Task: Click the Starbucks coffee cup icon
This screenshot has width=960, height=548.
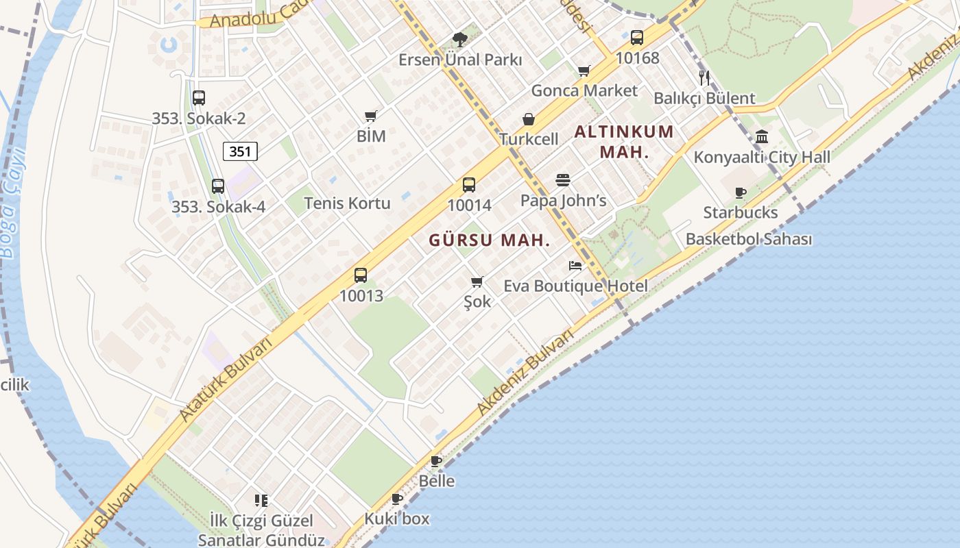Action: tap(740, 193)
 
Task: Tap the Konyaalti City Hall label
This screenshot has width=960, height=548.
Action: tap(762, 158)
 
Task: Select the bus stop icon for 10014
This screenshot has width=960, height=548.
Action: tap(469, 185)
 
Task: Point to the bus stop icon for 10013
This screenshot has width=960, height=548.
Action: tap(361, 275)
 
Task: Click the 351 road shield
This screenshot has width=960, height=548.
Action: tap(240, 151)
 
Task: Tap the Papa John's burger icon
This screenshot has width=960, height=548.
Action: tap(563, 180)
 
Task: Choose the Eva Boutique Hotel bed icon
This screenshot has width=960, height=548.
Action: tap(575, 266)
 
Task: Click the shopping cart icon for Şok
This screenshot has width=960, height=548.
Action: tap(477, 282)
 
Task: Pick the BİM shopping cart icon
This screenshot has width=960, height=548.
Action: tap(371, 116)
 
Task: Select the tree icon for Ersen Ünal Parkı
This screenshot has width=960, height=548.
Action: tap(460, 39)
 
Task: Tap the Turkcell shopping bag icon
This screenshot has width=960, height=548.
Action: tap(529, 120)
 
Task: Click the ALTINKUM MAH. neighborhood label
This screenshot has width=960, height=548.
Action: tap(624, 141)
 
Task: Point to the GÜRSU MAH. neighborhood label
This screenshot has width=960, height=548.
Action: tap(490, 240)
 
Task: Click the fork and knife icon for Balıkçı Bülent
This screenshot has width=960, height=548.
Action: tap(704, 77)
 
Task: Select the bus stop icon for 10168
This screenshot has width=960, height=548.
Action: tap(637, 38)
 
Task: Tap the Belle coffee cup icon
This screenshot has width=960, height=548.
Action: tap(436, 461)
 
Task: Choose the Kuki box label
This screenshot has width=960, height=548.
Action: tap(397, 519)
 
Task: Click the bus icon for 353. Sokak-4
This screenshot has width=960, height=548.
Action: tap(218, 186)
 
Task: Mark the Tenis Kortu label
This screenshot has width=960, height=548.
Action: tap(347, 203)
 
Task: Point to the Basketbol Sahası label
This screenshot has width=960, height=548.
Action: tap(749, 239)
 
